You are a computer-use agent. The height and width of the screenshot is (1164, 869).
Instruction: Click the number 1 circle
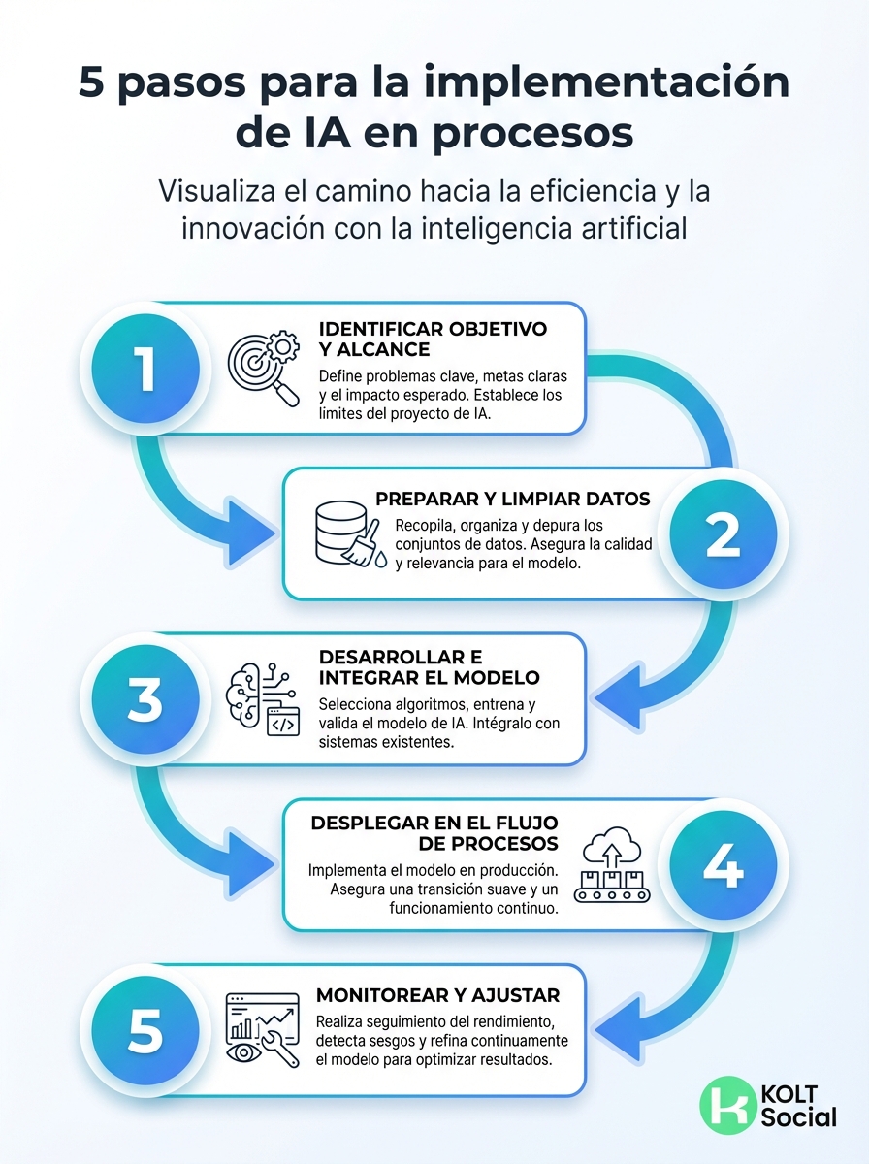tap(145, 369)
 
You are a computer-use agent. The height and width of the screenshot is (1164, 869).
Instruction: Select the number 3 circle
tap(145, 700)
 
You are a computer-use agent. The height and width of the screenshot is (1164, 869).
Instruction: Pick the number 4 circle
tap(723, 866)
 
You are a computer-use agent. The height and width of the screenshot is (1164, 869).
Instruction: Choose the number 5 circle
tap(145, 1030)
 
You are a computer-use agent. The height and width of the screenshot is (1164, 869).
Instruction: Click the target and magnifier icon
tap(263, 369)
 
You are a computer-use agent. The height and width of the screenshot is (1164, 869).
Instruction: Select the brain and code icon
tap(263, 699)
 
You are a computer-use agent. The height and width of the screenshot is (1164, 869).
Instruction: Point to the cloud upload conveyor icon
tap(608, 866)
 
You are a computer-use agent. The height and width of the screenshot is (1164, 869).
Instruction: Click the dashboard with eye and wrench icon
tap(262, 1030)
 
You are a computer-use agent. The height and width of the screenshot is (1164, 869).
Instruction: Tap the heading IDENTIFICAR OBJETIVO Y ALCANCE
tap(433, 339)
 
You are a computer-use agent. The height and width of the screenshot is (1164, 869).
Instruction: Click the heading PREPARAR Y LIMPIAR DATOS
tap(512, 499)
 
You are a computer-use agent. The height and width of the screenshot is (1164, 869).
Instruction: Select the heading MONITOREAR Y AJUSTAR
tap(437, 995)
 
